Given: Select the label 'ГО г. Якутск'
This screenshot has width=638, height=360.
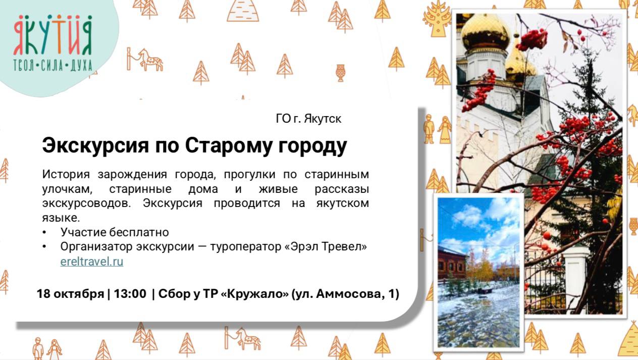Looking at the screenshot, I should pos(308,119).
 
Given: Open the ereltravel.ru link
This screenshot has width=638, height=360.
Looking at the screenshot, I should pos(91,262).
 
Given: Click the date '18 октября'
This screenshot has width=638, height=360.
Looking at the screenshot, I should pos(70,294).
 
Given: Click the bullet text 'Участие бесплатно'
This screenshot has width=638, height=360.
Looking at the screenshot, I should pos(114,232).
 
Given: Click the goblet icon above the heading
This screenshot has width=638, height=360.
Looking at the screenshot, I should pos(341,72).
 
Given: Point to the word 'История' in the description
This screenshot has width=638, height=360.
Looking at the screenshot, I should pos(66,175).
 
